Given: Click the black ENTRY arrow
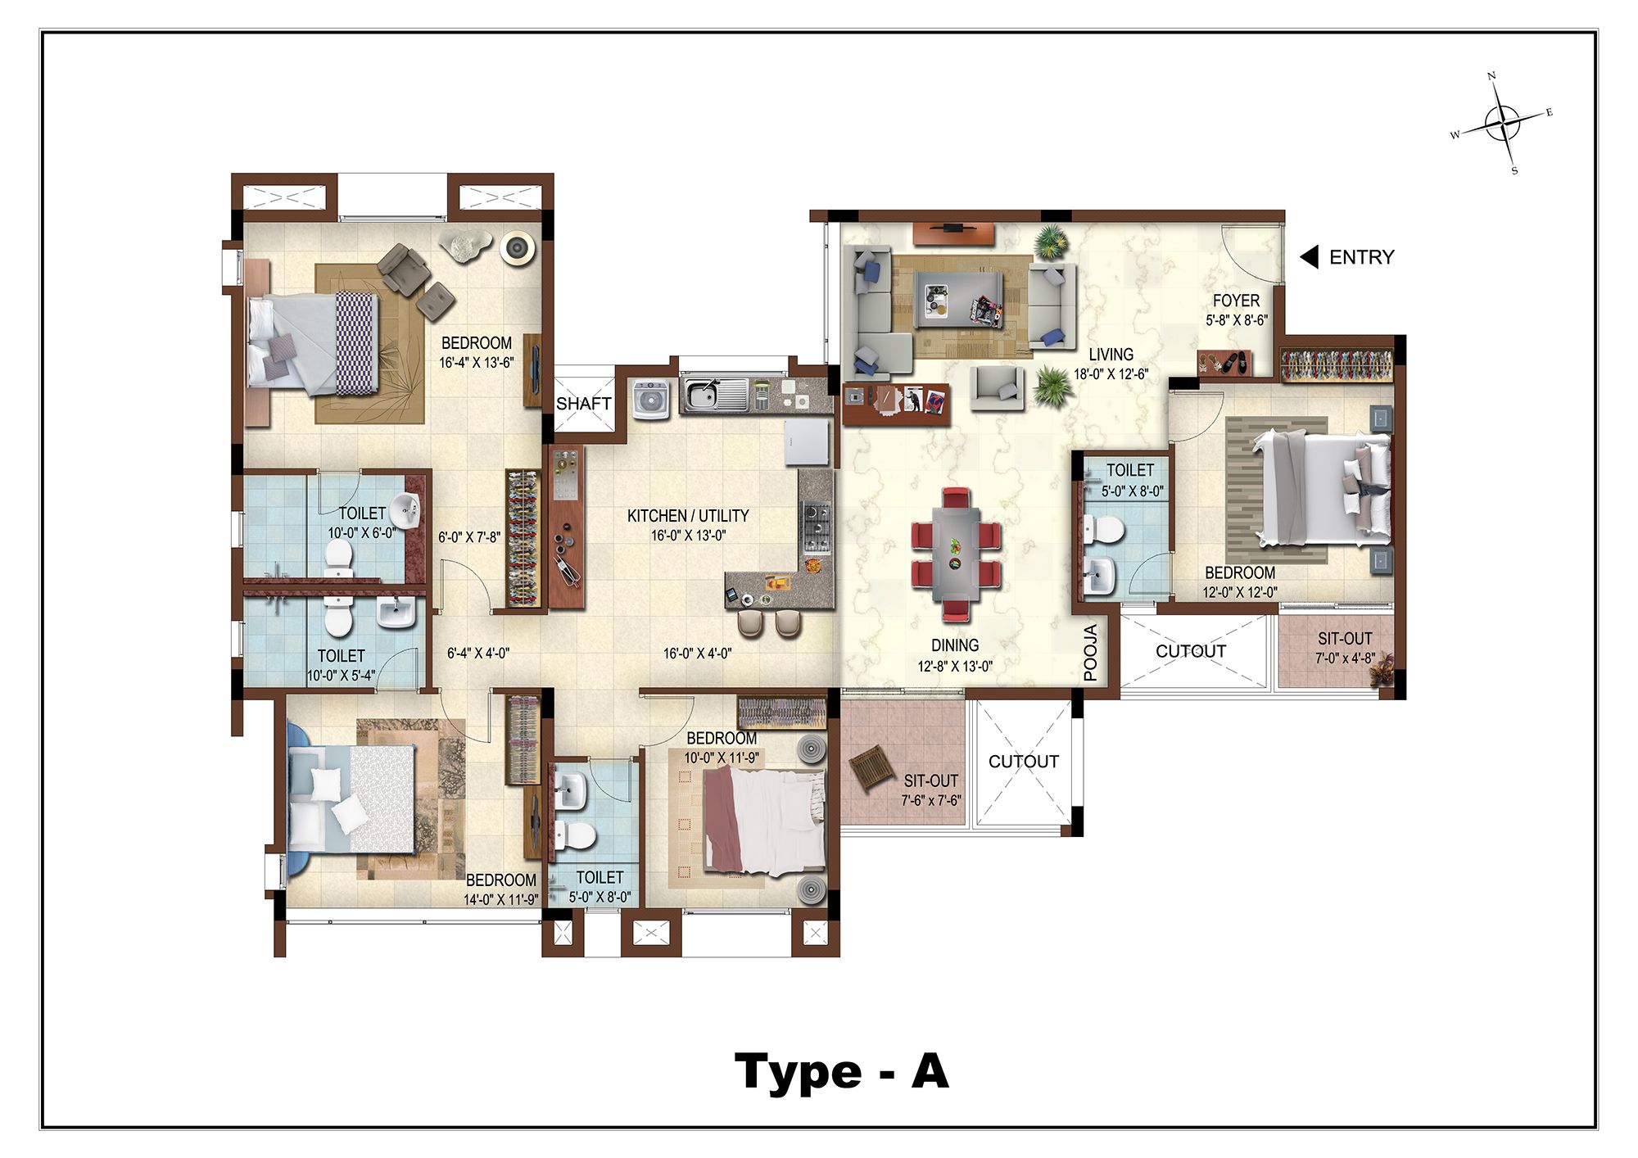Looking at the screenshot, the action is point(1309,257).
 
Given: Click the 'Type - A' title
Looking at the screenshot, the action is point(842,1072).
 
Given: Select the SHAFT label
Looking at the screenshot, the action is point(583,404).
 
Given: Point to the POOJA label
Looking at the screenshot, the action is point(1090,653).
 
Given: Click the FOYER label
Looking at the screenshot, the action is point(1236,301).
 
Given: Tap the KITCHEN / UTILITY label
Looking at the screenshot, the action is point(688,516).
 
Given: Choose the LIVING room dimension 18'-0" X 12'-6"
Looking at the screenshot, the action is point(1111,374).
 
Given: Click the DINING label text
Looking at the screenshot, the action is point(955,645).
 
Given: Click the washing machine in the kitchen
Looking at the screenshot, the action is point(652,400).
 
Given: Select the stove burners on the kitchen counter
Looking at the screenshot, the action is point(816,527).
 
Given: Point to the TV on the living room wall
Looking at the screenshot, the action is point(953,226).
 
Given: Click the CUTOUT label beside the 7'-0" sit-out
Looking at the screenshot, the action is point(1191,651).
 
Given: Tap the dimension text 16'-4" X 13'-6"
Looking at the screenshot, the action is point(477,363).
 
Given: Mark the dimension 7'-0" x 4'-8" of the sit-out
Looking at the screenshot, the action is point(1345,658).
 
